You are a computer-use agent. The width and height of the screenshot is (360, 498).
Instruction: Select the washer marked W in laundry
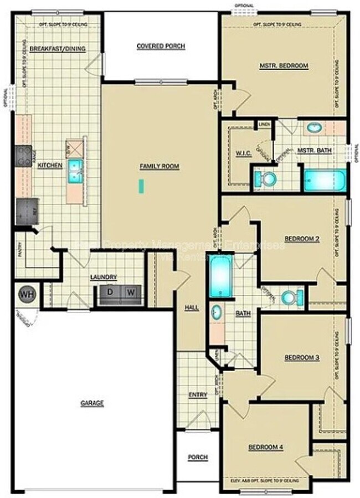[131, 292]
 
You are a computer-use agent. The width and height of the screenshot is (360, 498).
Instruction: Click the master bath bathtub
[325, 181]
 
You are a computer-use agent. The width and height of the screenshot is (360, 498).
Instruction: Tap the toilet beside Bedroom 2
[290, 297]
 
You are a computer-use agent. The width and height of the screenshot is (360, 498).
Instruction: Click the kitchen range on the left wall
[23, 157]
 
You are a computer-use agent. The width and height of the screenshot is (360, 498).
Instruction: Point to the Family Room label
[160, 166]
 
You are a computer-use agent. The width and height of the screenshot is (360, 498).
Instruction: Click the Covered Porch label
[161, 46]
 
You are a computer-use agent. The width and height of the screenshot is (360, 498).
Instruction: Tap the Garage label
[92, 403]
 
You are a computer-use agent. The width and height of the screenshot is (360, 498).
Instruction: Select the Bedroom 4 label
[265, 446]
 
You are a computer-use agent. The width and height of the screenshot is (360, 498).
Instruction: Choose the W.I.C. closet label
[243, 153]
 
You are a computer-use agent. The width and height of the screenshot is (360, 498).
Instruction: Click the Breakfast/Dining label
[58, 49]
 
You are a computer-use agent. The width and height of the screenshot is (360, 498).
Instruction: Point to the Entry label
[198, 394]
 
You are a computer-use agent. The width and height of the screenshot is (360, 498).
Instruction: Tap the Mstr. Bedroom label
[284, 66]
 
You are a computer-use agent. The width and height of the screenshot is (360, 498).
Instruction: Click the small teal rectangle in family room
[141, 186]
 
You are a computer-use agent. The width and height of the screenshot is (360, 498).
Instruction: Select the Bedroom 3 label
[302, 358]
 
